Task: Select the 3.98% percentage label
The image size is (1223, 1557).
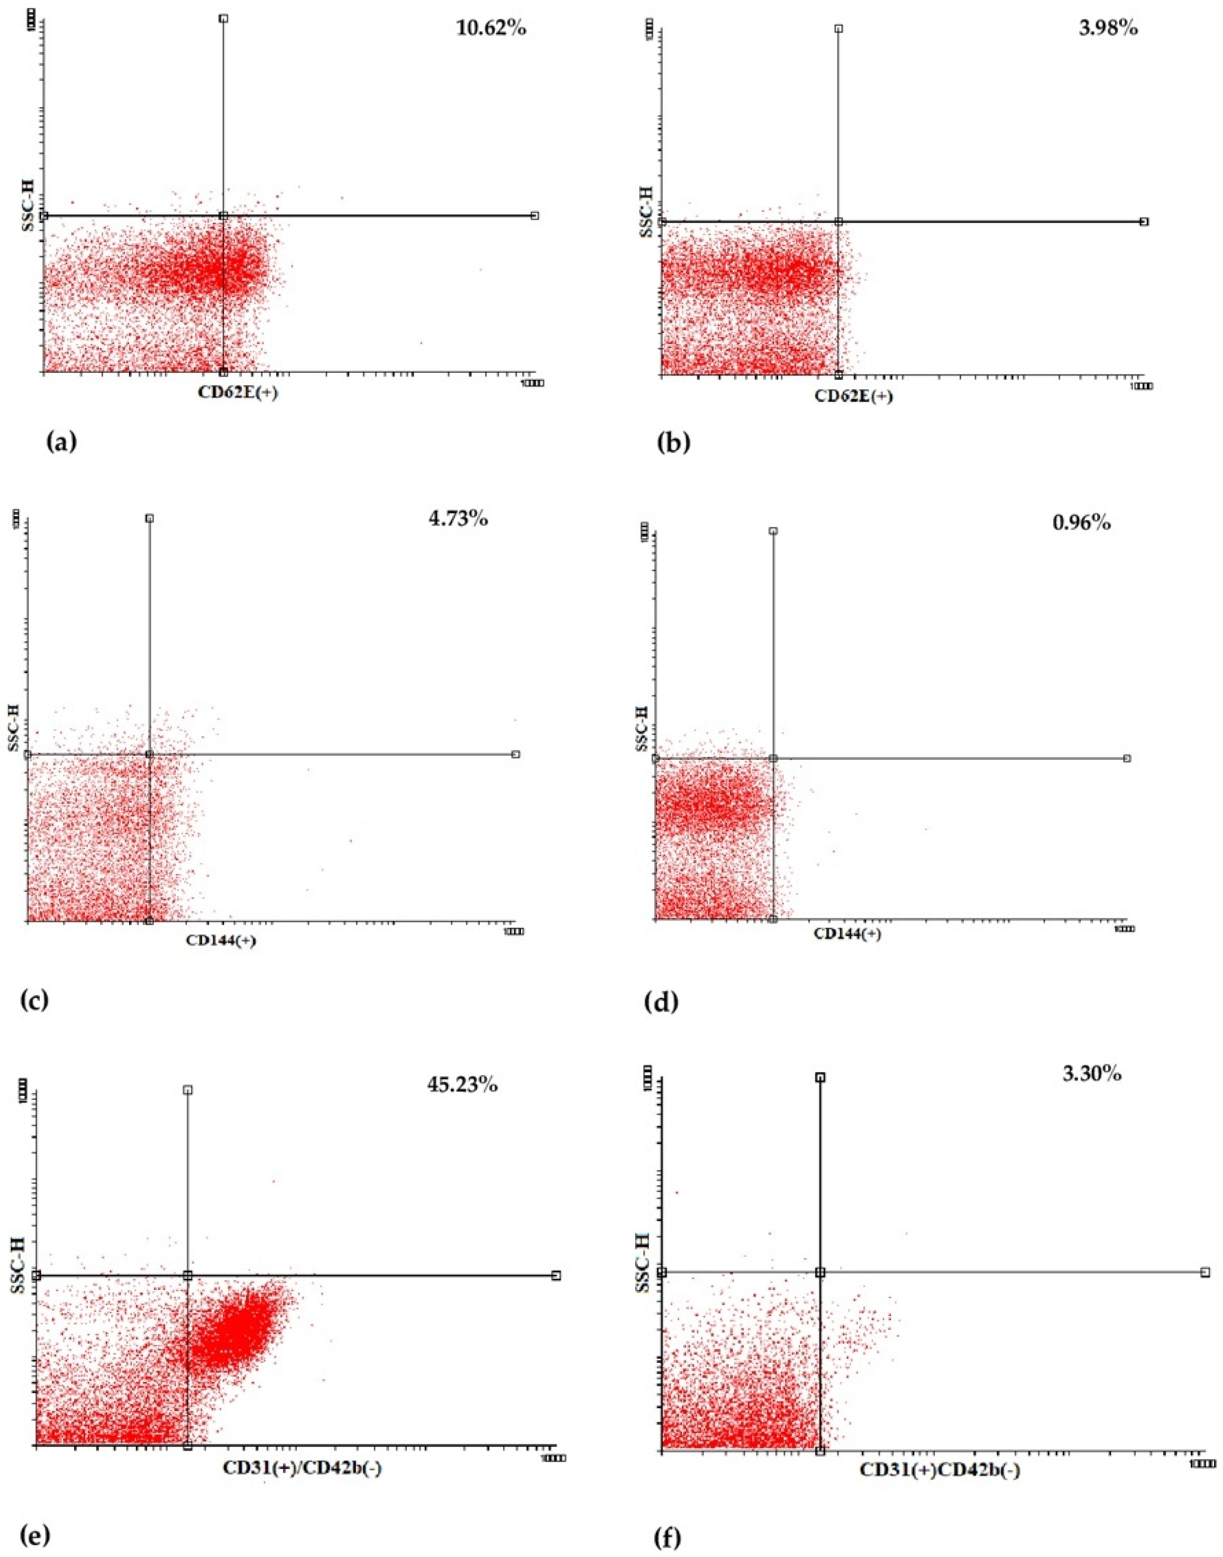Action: coord(1108,29)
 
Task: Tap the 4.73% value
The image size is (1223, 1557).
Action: coord(457,518)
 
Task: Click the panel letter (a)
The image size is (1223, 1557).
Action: coord(60,442)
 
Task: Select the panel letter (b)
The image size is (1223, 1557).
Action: coord(673,442)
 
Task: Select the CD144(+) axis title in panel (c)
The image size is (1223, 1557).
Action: coord(221,940)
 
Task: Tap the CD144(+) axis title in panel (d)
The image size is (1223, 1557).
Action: coord(847,934)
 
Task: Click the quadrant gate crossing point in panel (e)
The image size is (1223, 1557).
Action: coord(188,1275)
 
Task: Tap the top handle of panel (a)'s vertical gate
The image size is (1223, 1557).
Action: coord(224,19)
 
